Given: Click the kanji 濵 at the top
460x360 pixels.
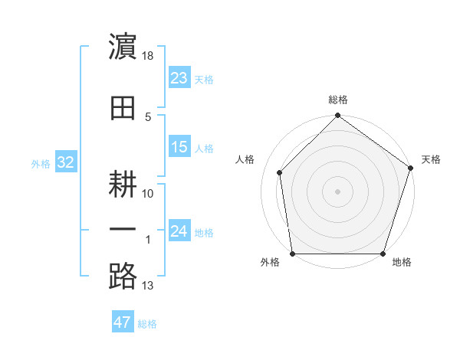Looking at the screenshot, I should (123, 47).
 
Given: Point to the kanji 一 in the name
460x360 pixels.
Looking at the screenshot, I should (123, 228).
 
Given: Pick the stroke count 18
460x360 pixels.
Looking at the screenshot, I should (149, 57).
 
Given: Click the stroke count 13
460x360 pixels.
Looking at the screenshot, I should (148, 286).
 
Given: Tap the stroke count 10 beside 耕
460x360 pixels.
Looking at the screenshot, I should (149, 194).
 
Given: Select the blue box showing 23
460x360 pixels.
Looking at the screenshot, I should (179, 78).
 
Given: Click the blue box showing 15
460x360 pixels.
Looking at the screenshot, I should (179, 147).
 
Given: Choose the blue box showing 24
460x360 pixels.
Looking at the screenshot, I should (179, 231).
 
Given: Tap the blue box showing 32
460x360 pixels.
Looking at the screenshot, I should (65, 162).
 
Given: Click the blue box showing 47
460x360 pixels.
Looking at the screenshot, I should (122, 322).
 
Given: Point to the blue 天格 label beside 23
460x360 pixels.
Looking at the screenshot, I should (204, 79).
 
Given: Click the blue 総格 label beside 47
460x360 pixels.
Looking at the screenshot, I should (147, 324).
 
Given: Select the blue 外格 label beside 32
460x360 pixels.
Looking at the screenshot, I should (41, 163).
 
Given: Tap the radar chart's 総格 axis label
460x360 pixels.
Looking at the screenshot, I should (338, 100).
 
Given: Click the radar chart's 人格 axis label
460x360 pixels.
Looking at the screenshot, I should (245, 159).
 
